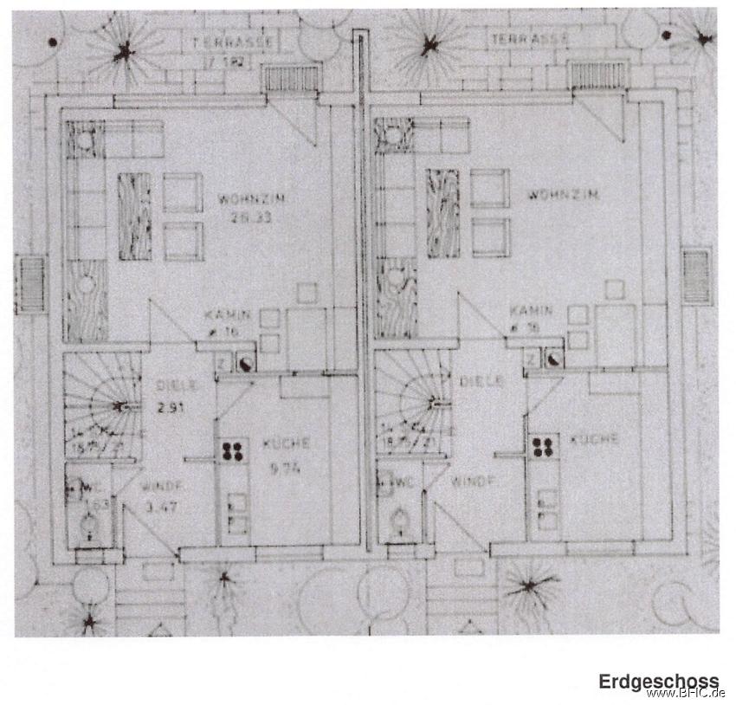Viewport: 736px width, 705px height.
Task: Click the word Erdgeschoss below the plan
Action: pos(658,682)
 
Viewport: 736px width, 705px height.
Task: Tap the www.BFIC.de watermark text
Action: pos(686,694)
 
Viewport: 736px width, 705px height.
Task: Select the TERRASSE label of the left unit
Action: pos(232,41)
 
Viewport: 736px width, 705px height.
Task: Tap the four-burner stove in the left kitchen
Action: pos(232,450)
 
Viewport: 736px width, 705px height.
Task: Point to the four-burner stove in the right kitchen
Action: pos(544,447)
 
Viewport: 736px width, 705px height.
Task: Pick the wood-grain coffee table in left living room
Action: pos(134,216)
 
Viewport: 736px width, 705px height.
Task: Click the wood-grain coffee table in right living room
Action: pos(442,213)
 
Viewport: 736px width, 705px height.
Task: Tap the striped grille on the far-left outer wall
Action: pos(31,284)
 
